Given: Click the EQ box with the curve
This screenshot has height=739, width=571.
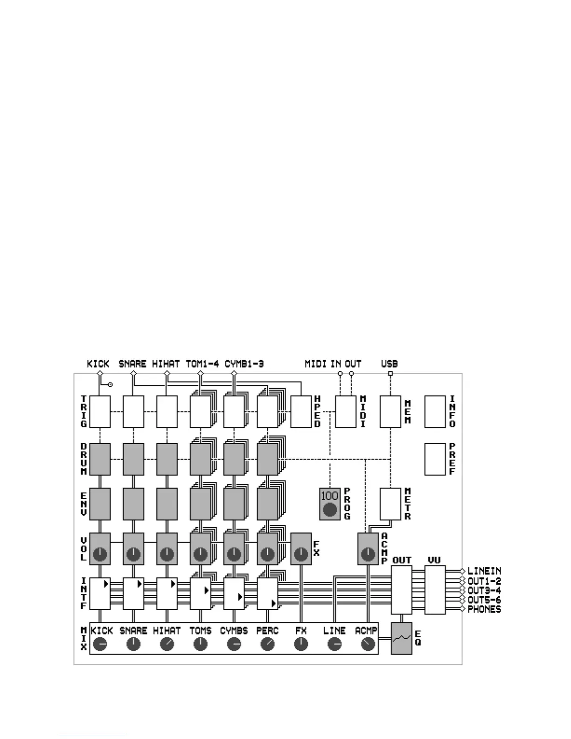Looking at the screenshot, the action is click(x=401, y=638).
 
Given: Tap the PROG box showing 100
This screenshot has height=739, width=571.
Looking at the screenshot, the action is click(x=330, y=504).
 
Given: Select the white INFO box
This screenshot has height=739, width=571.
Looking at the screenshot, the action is click(x=435, y=411).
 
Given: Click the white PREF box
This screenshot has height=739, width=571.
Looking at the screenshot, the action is click(x=435, y=459).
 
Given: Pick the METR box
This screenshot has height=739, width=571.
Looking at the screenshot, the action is click(x=390, y=504).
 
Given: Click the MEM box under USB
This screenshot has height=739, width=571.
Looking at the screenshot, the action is click(x=390, y=411).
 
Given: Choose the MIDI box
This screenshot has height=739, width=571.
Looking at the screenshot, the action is click(x=346, y=411).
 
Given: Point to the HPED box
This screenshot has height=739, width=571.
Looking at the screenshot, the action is click(x=301, y=411).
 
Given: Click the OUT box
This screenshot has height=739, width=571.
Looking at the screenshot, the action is click(x=401, y=590).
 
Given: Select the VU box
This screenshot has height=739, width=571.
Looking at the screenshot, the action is click(x=435, y=590).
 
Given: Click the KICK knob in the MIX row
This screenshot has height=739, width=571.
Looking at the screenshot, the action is click(x=100, y=644).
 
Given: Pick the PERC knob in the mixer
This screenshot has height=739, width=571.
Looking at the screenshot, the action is click(x=267, y=644).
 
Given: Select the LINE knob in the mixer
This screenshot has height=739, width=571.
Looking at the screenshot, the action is click(x=334, y=644).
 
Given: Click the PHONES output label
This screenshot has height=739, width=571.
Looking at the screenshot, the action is click(x=484, y=609).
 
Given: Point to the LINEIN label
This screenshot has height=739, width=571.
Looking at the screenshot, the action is click(x=484, y=571).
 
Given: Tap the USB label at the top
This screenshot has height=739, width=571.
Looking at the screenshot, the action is click(x=390, y=364).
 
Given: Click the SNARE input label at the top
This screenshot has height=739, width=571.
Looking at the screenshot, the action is click(x=132, y=364).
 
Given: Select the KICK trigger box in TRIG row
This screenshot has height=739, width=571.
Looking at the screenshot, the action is click(x=100, y=411).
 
